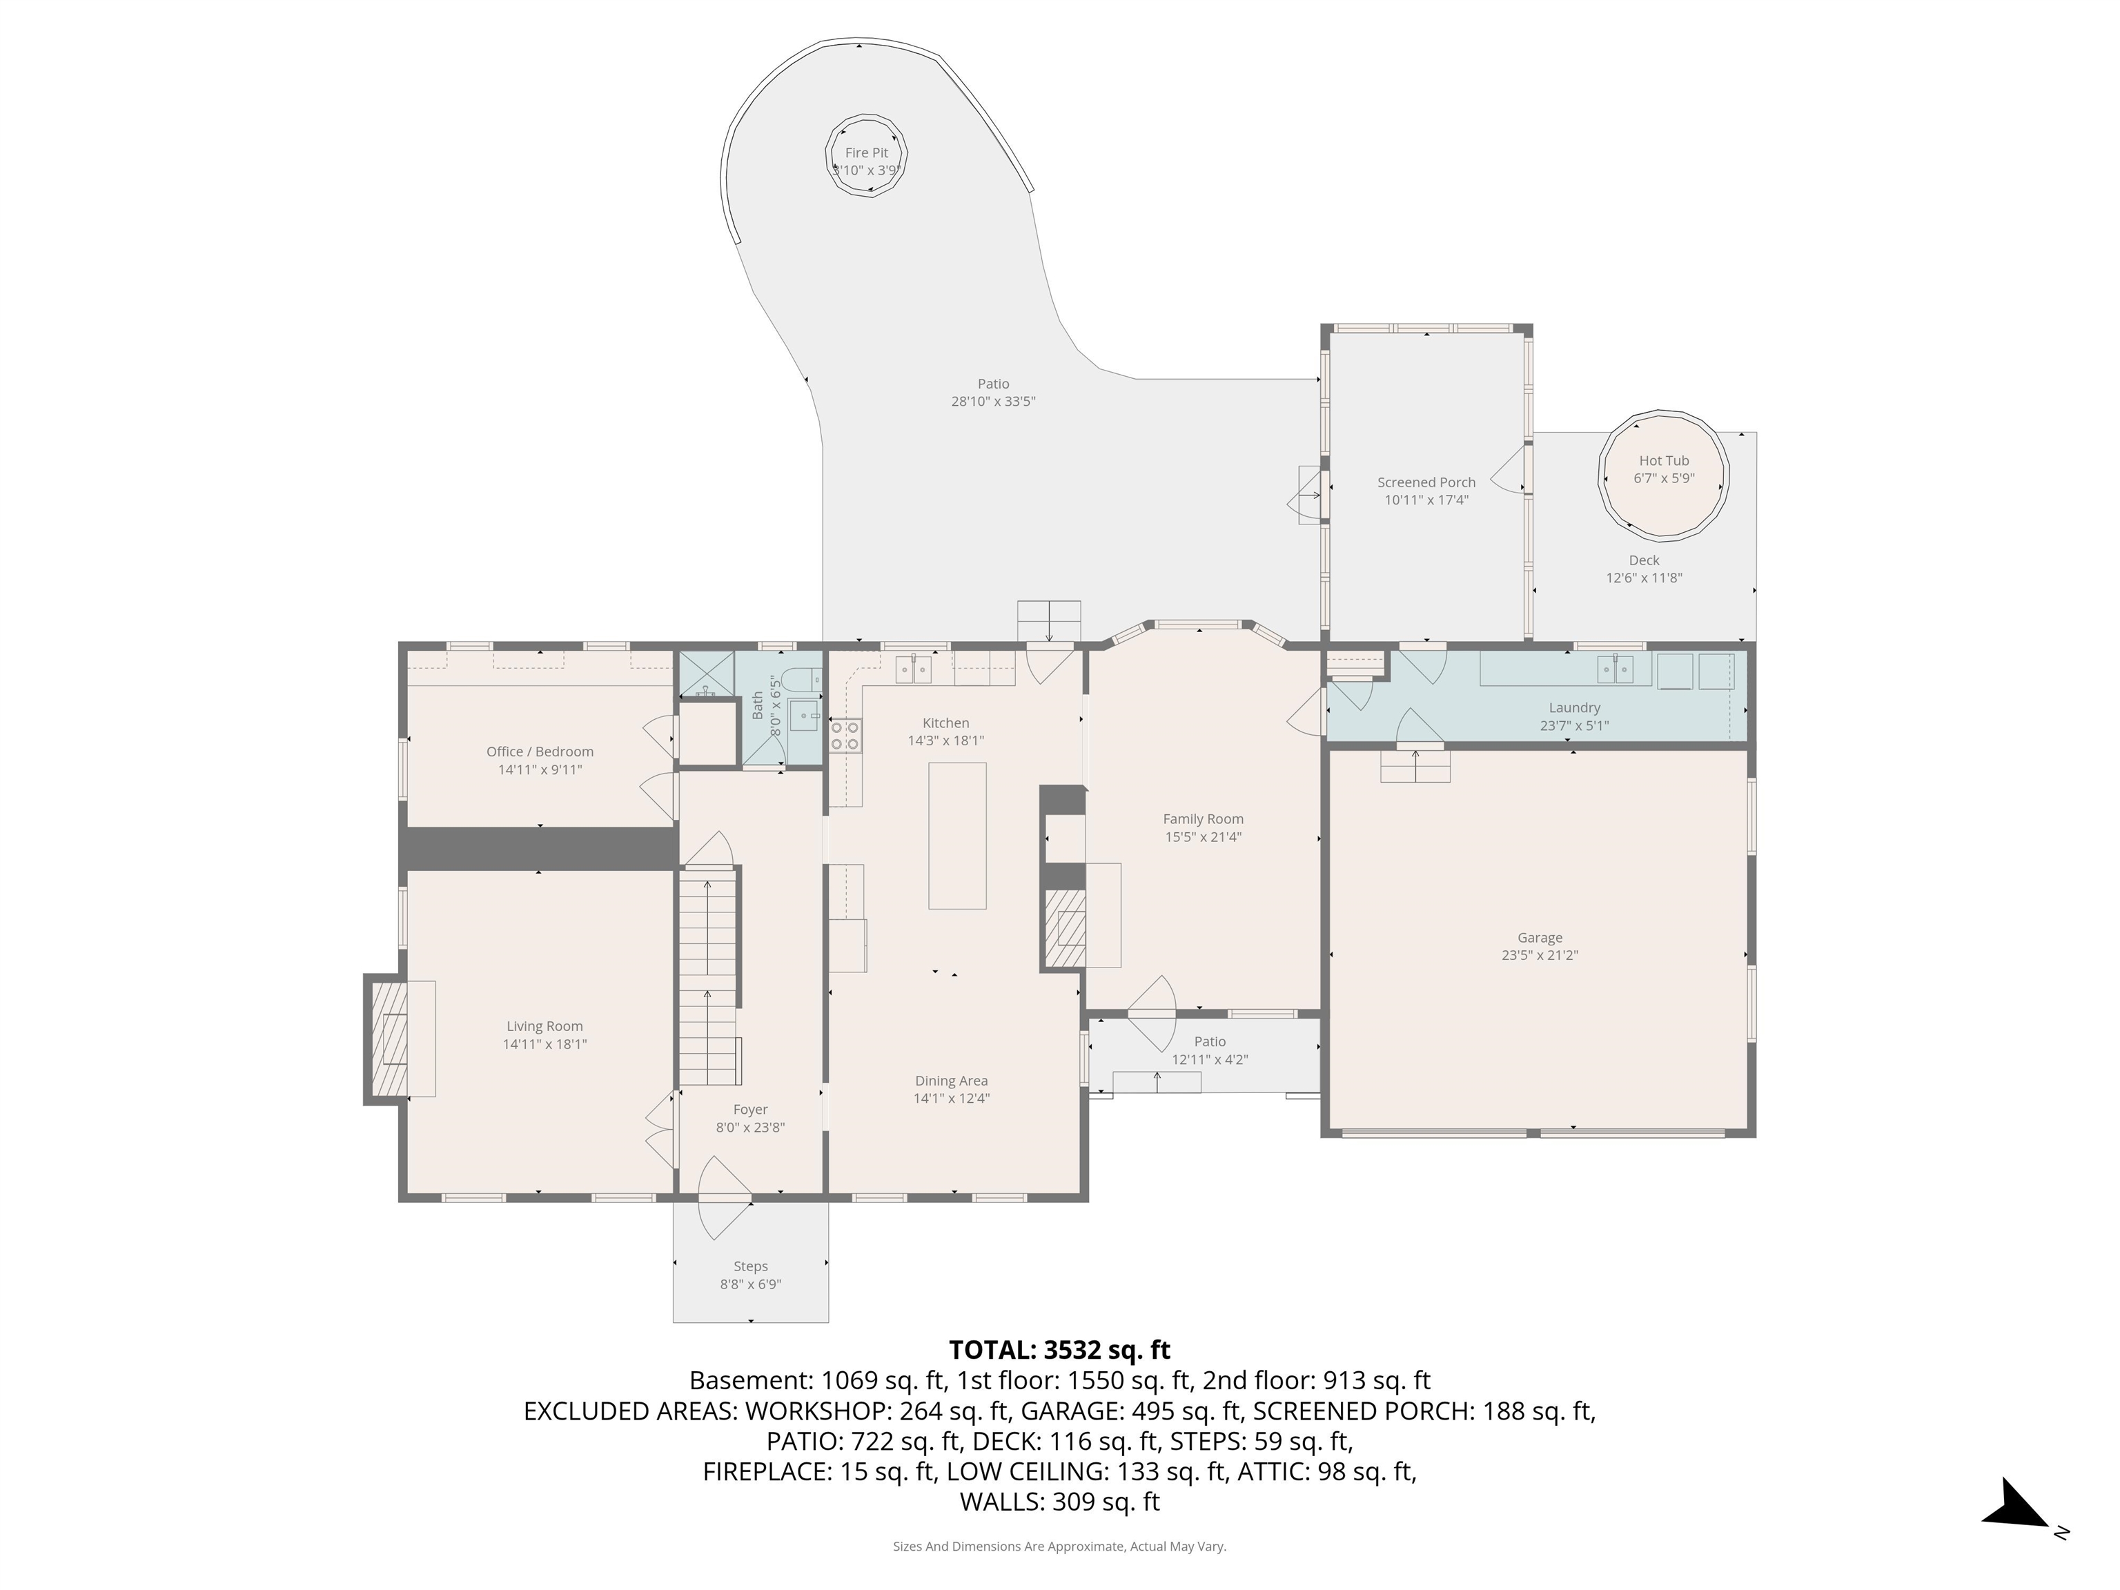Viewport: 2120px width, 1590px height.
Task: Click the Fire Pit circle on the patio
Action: click(x=866, y=155)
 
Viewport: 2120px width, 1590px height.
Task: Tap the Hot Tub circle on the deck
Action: click(x=1664, y=474)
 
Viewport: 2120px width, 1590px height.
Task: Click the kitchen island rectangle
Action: click(x=956, y=835)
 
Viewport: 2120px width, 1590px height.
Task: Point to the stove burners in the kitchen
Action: click(x=845, y=735)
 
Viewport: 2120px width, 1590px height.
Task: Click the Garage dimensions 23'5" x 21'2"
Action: click(x=1539, y=954)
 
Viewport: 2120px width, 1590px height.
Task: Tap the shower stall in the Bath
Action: click(x=707, y=675)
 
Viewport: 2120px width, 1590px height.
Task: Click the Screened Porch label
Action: click(x=1426, y=482)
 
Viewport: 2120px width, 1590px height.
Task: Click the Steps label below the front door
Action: click(x=750, y=1266)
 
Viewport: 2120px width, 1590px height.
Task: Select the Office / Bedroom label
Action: click(x=540, y=752)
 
